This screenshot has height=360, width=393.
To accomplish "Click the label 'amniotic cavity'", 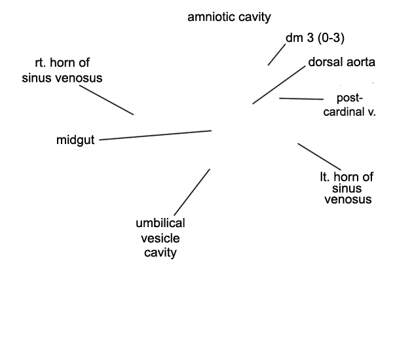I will pos(229,18).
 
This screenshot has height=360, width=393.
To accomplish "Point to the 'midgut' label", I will pos(75,140).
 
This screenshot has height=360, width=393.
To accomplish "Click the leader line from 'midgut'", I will pos(155,135).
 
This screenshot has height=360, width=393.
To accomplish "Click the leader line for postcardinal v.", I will pos(301,99).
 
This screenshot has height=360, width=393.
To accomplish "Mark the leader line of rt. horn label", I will pos(107,101).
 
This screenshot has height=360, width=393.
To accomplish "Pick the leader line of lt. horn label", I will pos(319,156).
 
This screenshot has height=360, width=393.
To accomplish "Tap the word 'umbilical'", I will pos(160,224).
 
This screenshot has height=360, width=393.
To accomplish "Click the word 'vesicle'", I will pos(160,238).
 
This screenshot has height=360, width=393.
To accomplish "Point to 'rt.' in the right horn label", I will pos(43,63).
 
